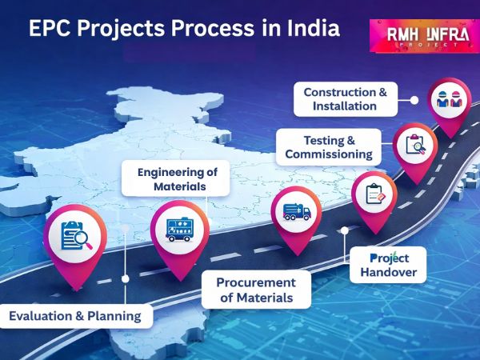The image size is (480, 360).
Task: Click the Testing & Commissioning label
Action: point(327,146)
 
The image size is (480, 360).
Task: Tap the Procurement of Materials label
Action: point(256,290)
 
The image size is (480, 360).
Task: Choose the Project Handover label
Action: point(389,266)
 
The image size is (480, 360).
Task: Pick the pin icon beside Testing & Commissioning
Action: point(416,145)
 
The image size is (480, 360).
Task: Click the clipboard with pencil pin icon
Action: point(374,194)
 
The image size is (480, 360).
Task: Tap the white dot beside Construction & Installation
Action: point(414,100)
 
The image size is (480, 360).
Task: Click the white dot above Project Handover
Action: point(345,230)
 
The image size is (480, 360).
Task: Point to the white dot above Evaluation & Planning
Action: point(125,278)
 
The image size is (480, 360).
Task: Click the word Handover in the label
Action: point(389,273)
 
